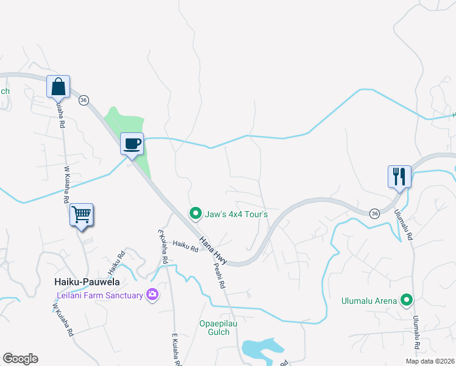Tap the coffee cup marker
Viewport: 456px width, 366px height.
click(132, 145)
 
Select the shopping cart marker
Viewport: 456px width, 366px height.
click(81, 215)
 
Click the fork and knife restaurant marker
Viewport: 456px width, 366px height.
click(399, 177)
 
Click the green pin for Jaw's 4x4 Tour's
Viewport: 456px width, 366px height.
click(195, 213)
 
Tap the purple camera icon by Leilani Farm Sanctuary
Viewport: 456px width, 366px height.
click(152, 295)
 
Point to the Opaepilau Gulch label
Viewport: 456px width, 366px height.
click(215, 328)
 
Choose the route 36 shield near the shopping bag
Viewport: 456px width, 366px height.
click(84, 99)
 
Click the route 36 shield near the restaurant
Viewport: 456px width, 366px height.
click(374, 213)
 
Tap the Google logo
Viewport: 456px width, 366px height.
click(20, 359)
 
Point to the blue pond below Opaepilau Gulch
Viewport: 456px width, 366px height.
click(262, 348)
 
